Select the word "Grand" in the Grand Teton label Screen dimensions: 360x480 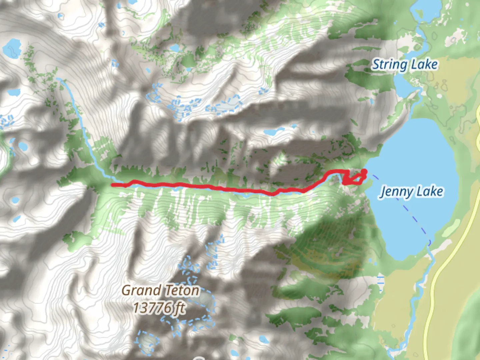pos(142,291)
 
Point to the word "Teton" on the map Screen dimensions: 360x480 pos(182,291)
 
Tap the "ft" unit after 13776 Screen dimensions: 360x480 pos(180,308)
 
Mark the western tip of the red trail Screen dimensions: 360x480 pos(112,184)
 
